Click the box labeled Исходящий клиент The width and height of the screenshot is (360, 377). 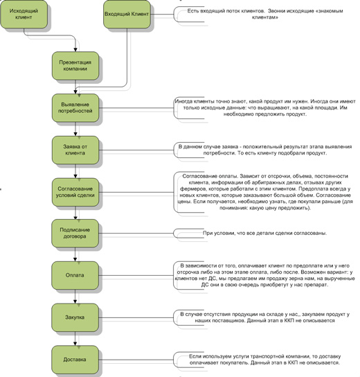tap(24, 14)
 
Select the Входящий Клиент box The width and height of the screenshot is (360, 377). tap(127, 14)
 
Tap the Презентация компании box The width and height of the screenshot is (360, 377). tap(75, 66)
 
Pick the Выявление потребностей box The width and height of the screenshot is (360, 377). tap(75, 107)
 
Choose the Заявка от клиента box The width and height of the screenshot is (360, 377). tap(75, 150)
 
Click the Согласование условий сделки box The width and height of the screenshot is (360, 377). tap(75, 192)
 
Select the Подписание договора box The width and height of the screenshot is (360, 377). tap(75, 234)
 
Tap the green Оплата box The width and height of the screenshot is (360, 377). tap(75, 275)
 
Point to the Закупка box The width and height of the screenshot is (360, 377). tap(75, 317)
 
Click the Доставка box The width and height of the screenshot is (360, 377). tap(75, 360)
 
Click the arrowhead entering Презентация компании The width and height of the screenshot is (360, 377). tap(75, 50)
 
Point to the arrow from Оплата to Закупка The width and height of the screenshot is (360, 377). tap(75, 297)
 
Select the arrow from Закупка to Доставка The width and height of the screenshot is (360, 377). tap(75, 339)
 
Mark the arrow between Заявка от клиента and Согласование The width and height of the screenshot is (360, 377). tap(75, 171)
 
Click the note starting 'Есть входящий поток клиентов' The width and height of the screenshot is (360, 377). tap(265, 14)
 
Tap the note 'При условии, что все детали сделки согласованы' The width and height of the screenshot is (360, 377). tap(265, 233)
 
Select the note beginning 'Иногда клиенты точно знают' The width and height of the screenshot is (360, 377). tap(265, 107)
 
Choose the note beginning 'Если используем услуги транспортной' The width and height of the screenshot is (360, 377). tap(265, 360)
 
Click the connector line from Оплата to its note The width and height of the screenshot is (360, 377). tap(136, 275)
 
